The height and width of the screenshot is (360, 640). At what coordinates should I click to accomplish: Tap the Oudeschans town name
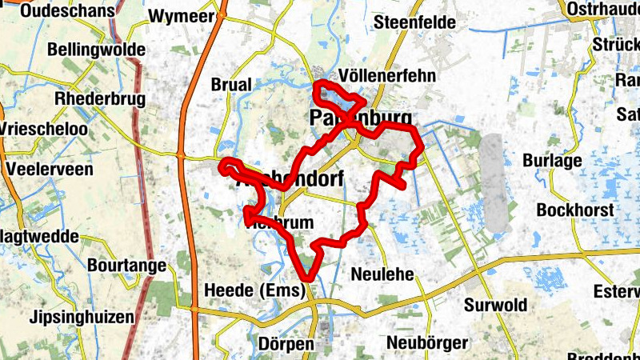(59, 11)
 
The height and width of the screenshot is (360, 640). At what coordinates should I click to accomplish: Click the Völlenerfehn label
(387, 75)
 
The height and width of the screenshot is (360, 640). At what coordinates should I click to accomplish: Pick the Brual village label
(231, 84)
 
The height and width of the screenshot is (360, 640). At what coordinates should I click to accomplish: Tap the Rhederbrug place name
(98, 98)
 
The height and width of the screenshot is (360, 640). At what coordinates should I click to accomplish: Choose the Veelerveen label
(49, 169)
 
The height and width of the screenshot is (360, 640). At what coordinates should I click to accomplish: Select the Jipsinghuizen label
(81, 317)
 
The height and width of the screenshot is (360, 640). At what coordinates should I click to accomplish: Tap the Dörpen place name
(286, 343)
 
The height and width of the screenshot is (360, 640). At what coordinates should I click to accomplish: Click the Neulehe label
(382, 274)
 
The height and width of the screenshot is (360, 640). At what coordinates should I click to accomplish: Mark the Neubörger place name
(426, 342)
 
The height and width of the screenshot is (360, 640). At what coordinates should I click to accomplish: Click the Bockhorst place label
(576, 210)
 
